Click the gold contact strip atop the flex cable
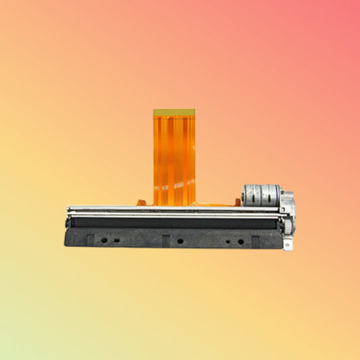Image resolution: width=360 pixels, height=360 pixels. pos(174,112)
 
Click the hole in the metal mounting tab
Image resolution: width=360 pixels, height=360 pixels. pos(288,244)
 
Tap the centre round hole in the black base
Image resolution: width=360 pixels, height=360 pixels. pos(179,240)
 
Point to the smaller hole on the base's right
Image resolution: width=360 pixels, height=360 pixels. pos(227,241)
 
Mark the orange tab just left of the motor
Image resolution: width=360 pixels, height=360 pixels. pos(238,201)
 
